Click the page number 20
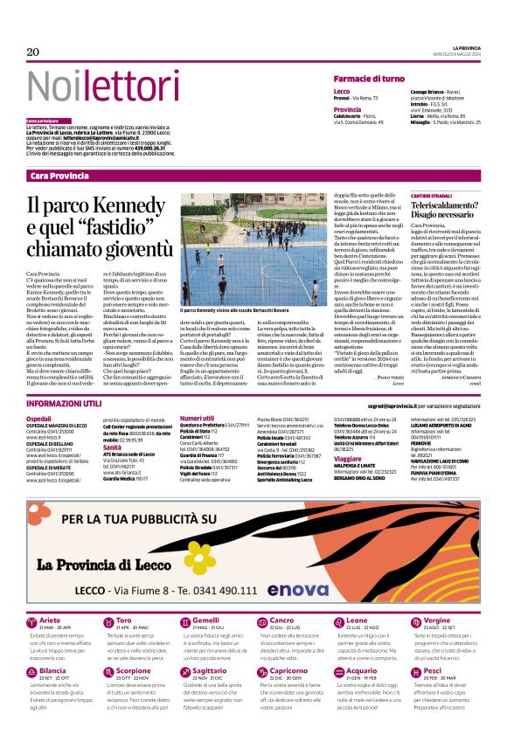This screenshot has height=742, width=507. [x=33, y=52]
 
